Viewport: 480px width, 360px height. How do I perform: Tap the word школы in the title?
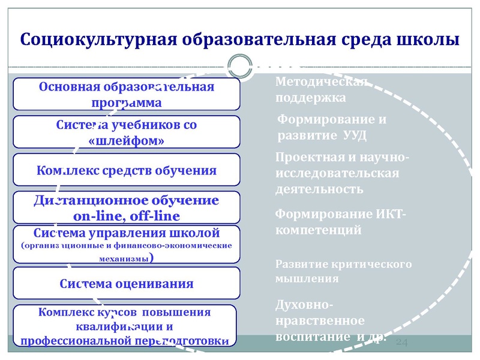click(x=429, y=40)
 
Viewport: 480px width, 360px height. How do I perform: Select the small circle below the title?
click(x=241, y=65)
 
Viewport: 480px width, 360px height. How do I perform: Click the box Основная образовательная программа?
click(x=127, y=94)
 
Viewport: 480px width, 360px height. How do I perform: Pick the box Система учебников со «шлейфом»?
click(x=127, y=133)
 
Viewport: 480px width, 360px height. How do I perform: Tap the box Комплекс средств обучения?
click(x=127, y=170)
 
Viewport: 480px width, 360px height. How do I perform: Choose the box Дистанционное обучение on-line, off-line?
click(x=127, y=208)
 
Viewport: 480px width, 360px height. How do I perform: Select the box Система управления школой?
click(x=127, y=245)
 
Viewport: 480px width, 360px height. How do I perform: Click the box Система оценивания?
click(x=127, y=283)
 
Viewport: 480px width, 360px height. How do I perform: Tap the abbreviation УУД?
click(x=354, y=135)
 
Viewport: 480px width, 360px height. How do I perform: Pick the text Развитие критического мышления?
click(x=343, y=271)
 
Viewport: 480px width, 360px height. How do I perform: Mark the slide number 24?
click(x=402, y=342)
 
